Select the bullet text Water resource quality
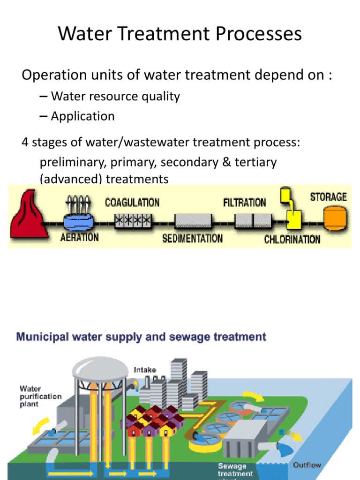click(x=115, y=97)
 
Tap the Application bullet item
click(x=82, y=116)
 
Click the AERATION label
click(x=80, y=237)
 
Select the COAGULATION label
click(x=132, y=202)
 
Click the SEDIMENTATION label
click(x=192, y=239)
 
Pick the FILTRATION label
click(x=244, y=202)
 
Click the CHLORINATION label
click(x=292, y=240)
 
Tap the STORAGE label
click(x=328, y=196)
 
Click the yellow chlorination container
click(x=294, y=217)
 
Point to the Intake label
click(x=145, y=370)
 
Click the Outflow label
click(x=307, y=465)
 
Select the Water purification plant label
click(x=40, y=396)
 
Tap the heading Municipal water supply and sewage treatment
click(x=141, y=337)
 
